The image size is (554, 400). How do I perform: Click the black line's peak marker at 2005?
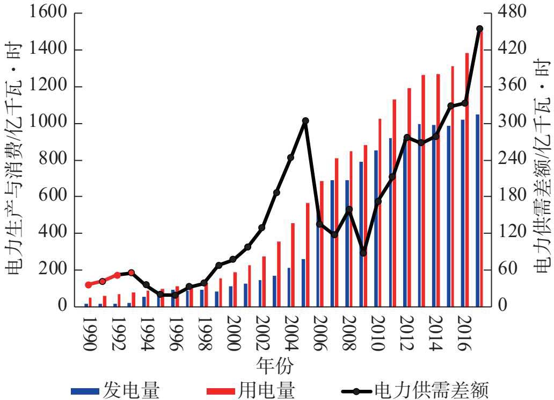305,121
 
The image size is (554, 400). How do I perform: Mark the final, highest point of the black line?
479,29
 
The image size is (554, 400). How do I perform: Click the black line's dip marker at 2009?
363,253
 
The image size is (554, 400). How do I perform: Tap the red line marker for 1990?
89,285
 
